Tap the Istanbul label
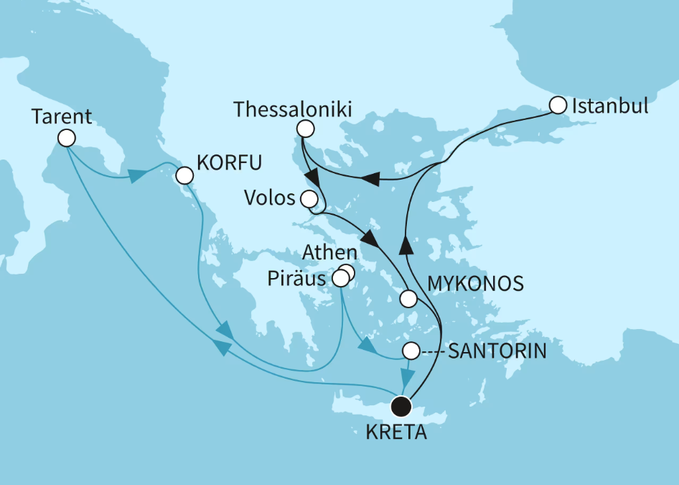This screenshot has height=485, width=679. (x=609, y=106)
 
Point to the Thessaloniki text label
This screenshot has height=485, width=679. (x=293, y=110)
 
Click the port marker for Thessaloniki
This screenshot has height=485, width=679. (x=305, y=129)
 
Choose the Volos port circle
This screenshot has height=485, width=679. (x=310, y=199)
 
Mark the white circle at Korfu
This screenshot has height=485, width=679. (x=184, y=175)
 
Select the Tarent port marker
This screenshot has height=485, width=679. (x=67, y=137)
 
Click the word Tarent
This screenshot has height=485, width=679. (x=62, y=116)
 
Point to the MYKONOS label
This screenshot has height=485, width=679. (x=474, y=284)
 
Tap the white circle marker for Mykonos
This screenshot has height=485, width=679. (x=408, y=297)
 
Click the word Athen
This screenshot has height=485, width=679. (x=329, y=252)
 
